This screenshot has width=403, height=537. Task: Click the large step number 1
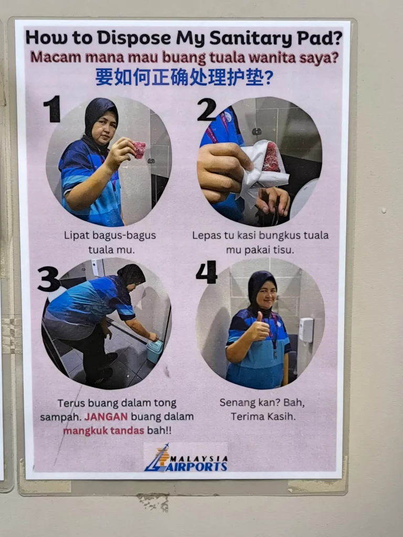52,109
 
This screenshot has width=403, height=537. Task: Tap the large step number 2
207,109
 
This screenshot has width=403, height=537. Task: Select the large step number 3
49,279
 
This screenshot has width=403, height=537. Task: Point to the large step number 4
207,272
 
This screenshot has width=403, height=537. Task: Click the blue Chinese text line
184,78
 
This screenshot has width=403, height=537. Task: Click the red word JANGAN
106,417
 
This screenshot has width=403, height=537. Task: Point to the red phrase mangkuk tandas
103,431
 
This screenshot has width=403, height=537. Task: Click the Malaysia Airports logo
186,458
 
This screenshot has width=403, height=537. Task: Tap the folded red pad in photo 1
139,149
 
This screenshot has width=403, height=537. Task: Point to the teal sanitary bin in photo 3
155,351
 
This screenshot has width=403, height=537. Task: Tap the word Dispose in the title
134,38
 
